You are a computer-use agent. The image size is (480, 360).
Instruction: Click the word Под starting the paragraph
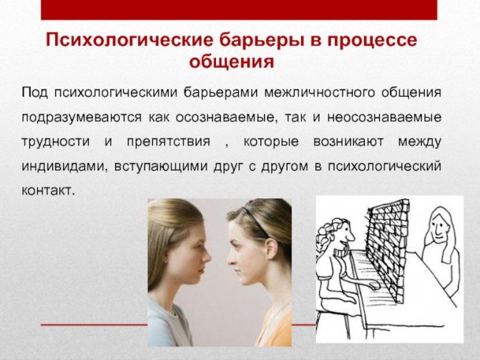coord(34,92)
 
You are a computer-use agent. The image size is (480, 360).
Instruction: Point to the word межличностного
coord(320,92)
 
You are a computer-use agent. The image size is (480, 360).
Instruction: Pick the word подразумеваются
coord(82,117)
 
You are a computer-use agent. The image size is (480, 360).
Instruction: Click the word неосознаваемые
coord(384,117)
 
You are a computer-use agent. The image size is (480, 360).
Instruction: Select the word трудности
coord(56,142)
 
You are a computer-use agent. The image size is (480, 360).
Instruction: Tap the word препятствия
coord(169,142)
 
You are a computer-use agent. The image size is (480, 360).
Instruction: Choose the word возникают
coord(348,142)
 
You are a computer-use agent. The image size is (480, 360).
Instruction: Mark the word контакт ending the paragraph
coord(48,191)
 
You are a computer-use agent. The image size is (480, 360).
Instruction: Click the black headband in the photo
coord(255,220)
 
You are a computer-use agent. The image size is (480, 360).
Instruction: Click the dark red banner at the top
coord(239,10)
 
